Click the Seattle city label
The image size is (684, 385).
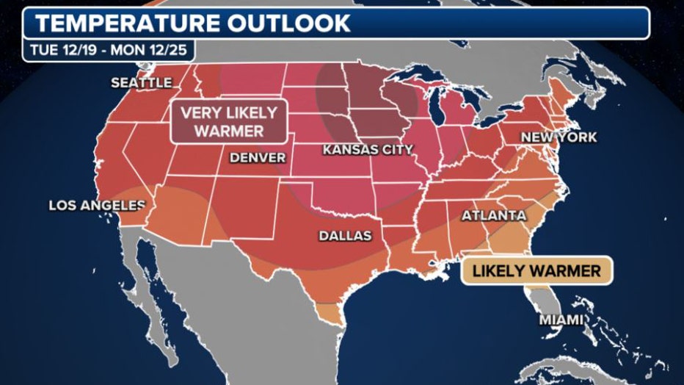(141, 83)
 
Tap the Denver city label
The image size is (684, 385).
(257, 157)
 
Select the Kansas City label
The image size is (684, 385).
(368, 150)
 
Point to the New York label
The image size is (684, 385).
(559, 137)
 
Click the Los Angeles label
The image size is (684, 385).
(97, 206)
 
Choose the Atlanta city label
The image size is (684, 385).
(493, 216)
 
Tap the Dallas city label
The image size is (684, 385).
(345, 236)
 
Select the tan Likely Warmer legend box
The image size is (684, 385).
(536, 271)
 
